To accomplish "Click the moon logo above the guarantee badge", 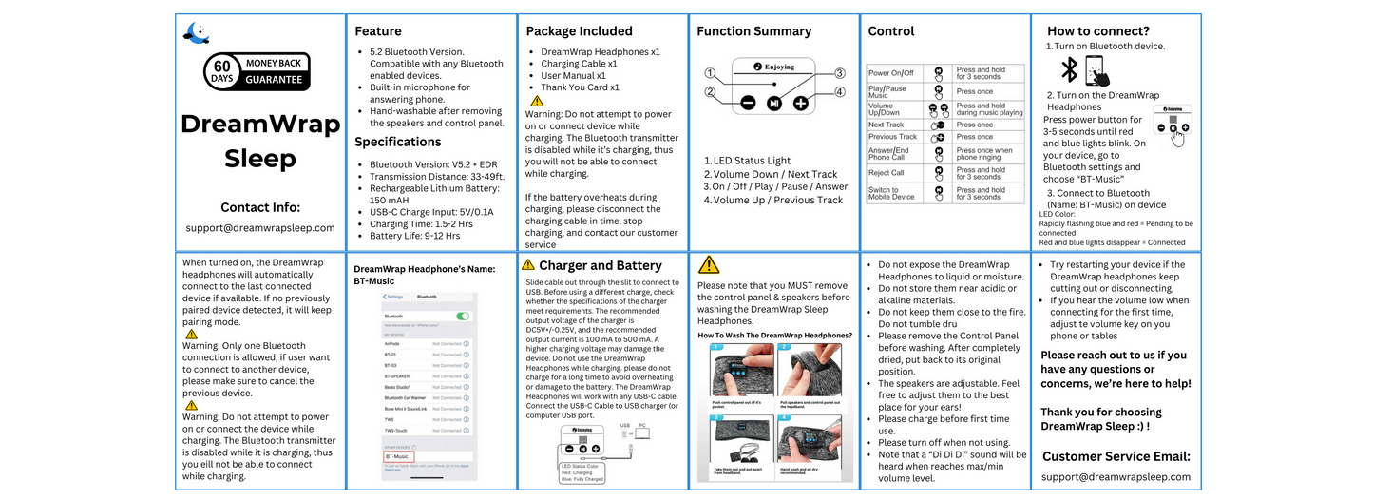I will (x=196, y=33).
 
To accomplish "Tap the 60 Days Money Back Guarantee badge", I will (x=257, y=71).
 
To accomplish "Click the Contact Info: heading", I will (x=260, y=207).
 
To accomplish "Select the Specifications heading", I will (x=397, y=142).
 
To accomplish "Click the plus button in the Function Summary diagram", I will (x=801, y=102).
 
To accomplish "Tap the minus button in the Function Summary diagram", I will (x=748, y=102).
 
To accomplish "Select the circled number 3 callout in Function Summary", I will (x=840, y=73).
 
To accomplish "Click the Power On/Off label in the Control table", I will (x=890, y=73).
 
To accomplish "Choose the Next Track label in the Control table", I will (x=887, y=125).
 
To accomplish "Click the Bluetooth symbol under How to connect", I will (x=1069, y=70).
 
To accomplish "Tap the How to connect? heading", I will (x=1097, y=31).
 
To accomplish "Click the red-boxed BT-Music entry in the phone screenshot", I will (x=397, y=456).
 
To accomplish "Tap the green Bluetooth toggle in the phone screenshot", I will (x=462, y=316).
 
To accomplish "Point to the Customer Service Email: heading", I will (x=1116, y=456).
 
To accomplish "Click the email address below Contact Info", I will (x=260, y=228).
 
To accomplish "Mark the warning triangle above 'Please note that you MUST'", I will (x=709, y=265).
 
